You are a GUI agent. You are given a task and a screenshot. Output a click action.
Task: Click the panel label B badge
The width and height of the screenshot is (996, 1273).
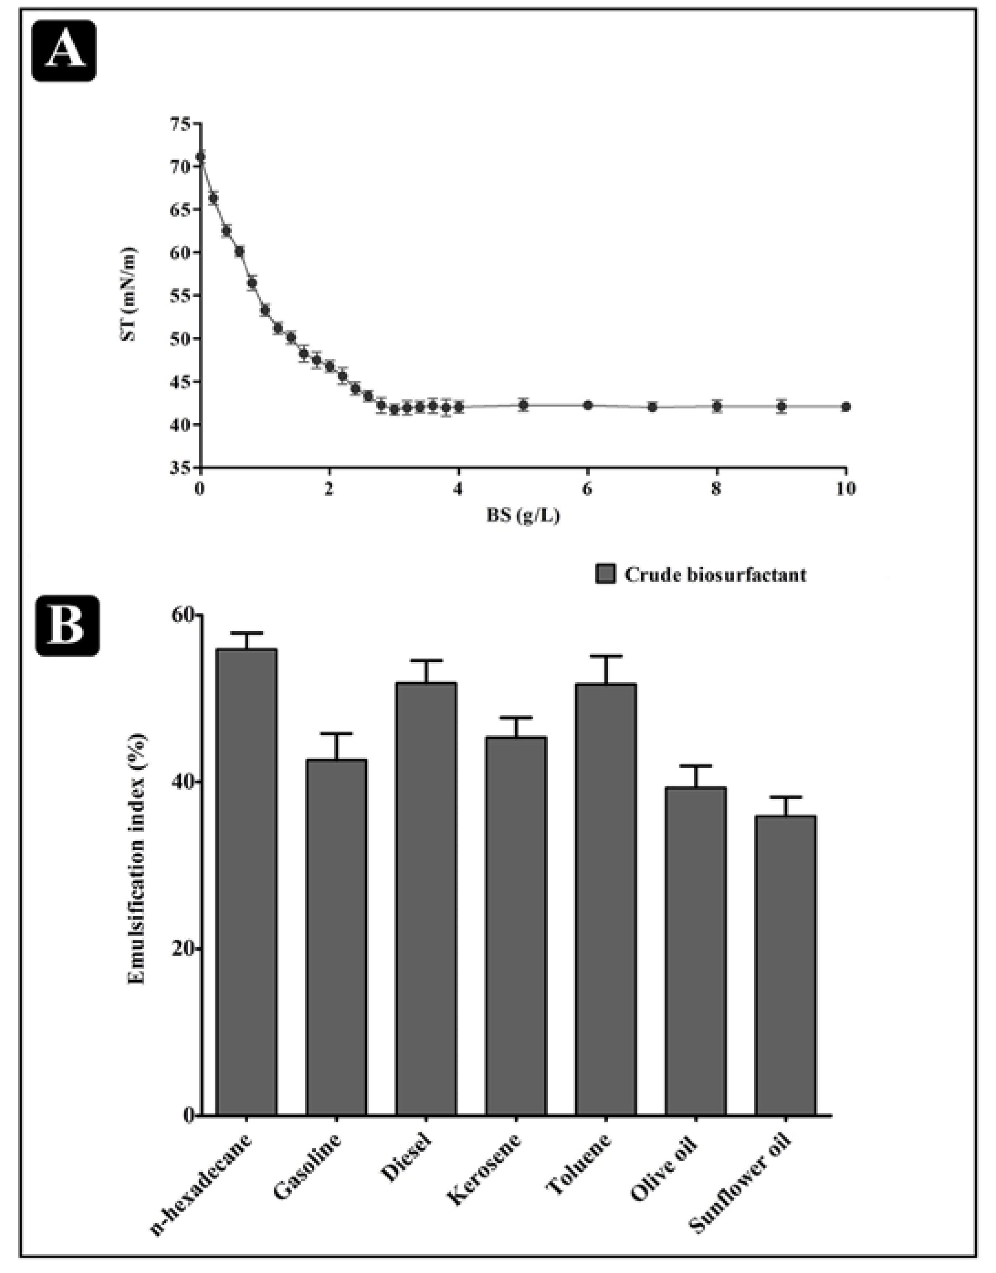coord(68,625)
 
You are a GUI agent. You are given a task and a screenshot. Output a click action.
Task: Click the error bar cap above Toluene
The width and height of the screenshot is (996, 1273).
coord(606,656)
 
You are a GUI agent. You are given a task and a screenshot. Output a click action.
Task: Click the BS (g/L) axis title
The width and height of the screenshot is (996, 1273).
coord(523,515)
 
